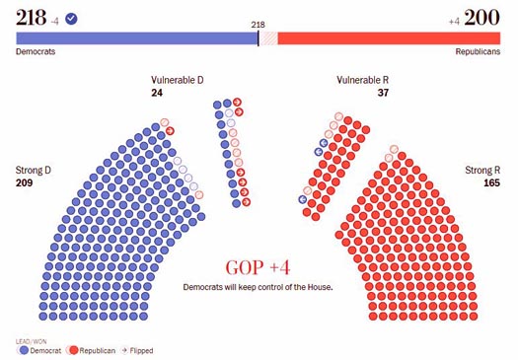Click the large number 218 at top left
[x=31, y=17]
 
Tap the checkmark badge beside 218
[x=71, y=18]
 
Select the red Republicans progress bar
[x=389, y=38]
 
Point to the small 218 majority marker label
[x=259, y=25]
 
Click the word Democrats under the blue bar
[x=36, y=51]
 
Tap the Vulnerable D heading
[x=178, y=79]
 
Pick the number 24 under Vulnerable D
[x=157, y=93]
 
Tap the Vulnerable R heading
[x=363, y=79]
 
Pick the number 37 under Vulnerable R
[x=384, y=93]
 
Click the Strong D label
[x=34, y=170]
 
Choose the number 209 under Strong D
[x=25, y=183]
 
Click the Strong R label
[x=482, y=170]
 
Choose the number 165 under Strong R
[x=491, y=183]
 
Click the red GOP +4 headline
[x=258, y=267]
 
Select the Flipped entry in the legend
[x=138, y=349]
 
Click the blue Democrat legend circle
[x=22, y=349]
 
